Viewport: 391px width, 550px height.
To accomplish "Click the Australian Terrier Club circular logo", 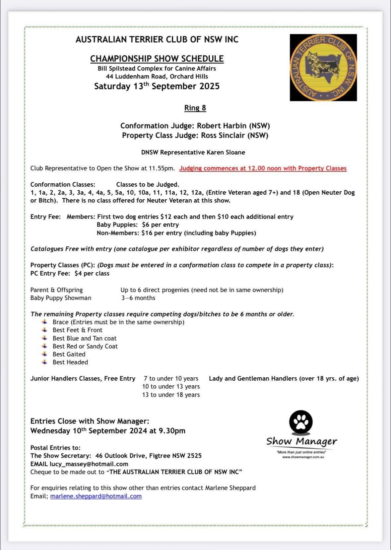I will [x=323, y=67].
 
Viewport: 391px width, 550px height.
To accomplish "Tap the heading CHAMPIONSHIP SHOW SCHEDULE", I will [x=157, y=59].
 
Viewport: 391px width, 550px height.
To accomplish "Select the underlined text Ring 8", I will [x=195, y=108].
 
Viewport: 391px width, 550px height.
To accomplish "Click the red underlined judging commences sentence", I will [x=263, y=168].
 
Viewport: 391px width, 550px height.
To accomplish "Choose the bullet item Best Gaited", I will [x=69, y=354].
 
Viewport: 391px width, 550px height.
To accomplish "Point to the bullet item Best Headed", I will [x=70, y=362].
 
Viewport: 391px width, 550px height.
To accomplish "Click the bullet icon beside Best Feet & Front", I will [x=44, y=330].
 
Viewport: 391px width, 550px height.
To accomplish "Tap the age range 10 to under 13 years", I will [x=171, y=387].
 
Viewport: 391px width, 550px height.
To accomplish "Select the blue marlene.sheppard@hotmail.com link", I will [x=96, y=496].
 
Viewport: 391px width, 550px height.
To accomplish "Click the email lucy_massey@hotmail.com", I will [x=89, y=464].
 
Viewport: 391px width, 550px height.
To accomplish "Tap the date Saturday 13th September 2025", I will [x=157, y=86].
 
